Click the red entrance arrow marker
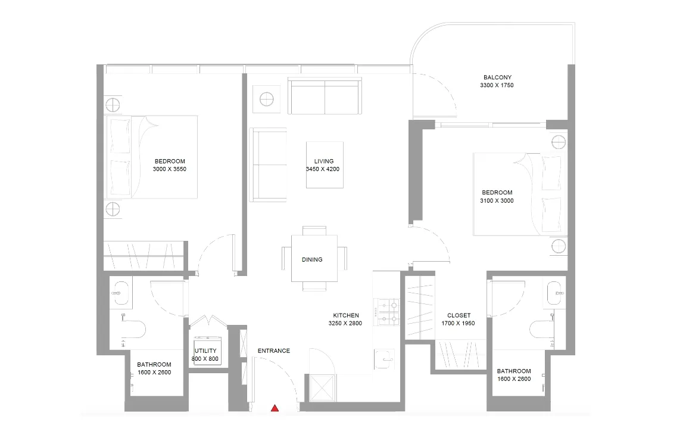(275, 408)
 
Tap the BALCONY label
(497, 77)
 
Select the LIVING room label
(324, 161)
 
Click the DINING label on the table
(312, 259)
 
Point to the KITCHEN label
(345, 315)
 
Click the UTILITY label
(205, 351)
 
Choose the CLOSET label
(459, 315)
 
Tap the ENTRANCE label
(273, 351)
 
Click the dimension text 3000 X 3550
(170, 169)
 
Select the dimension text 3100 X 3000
(497, 201)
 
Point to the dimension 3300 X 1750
(497, 86)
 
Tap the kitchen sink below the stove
(385, 359)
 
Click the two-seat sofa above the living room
(325, 95)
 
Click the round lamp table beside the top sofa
(266, 98)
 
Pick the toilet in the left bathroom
(136, 328)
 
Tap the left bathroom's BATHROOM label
(154, 364)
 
